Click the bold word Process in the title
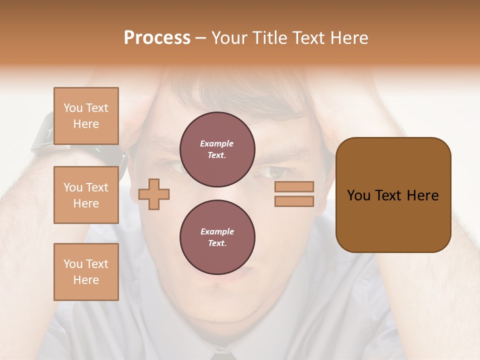[157, 38]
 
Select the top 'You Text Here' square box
[86, 116]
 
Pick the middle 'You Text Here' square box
[86, 195]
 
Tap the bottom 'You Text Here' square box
[86, 272]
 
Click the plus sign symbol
[154, 193]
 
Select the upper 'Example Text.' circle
[217, 149]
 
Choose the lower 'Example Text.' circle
[217, 237]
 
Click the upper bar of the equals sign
[294, 186]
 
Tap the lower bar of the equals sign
[294, 201]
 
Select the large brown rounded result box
[393, 195]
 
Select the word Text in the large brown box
[389, 195]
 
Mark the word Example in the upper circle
[217, 143]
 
